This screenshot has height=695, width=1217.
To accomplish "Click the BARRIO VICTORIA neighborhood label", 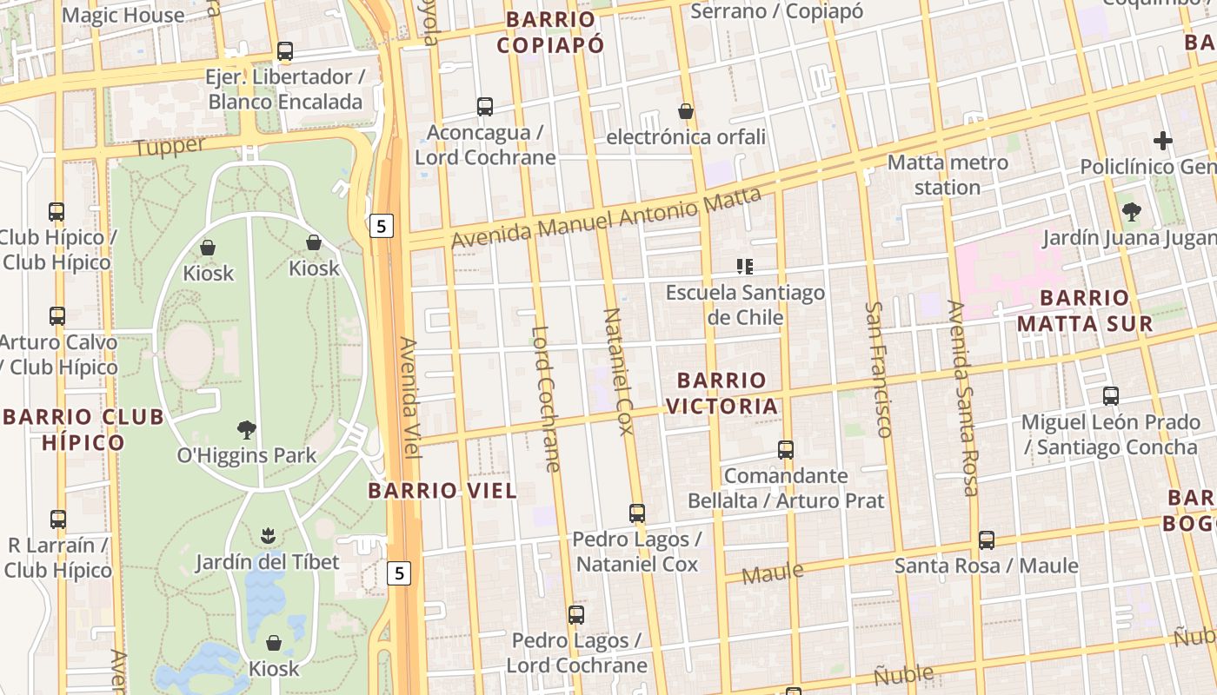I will coord(722,393).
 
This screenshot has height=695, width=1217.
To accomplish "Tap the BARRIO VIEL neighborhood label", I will coord(442,491).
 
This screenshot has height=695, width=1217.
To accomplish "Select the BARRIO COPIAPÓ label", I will coord(550,32).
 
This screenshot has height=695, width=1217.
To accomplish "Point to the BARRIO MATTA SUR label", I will coord(1085,311).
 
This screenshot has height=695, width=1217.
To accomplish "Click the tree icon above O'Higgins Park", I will coord(247,429).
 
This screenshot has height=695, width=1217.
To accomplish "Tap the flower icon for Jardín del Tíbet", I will coord(268,536).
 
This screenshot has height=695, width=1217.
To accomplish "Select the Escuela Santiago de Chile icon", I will coord(744,267).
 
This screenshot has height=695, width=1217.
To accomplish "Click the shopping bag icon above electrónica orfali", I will coord(686,111).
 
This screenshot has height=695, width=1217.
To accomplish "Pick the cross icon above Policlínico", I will coord(1162,141).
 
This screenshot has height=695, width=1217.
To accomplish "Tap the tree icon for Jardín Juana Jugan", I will coord(1131,211).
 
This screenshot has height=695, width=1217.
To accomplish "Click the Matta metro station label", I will coord(948,175).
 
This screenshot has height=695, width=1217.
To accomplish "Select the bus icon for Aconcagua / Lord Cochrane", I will coord(485,107).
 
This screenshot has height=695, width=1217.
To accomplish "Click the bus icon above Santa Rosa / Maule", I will coord(986,540).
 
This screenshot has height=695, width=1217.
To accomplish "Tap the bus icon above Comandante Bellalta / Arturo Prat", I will coord(786,450).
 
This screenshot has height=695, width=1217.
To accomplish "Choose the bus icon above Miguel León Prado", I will coord(1110,396).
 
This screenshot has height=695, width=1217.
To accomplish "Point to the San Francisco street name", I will coord(879,369).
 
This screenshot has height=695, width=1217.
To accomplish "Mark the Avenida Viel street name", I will coord(409,398).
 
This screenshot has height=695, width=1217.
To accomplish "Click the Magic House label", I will coord(123,15).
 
